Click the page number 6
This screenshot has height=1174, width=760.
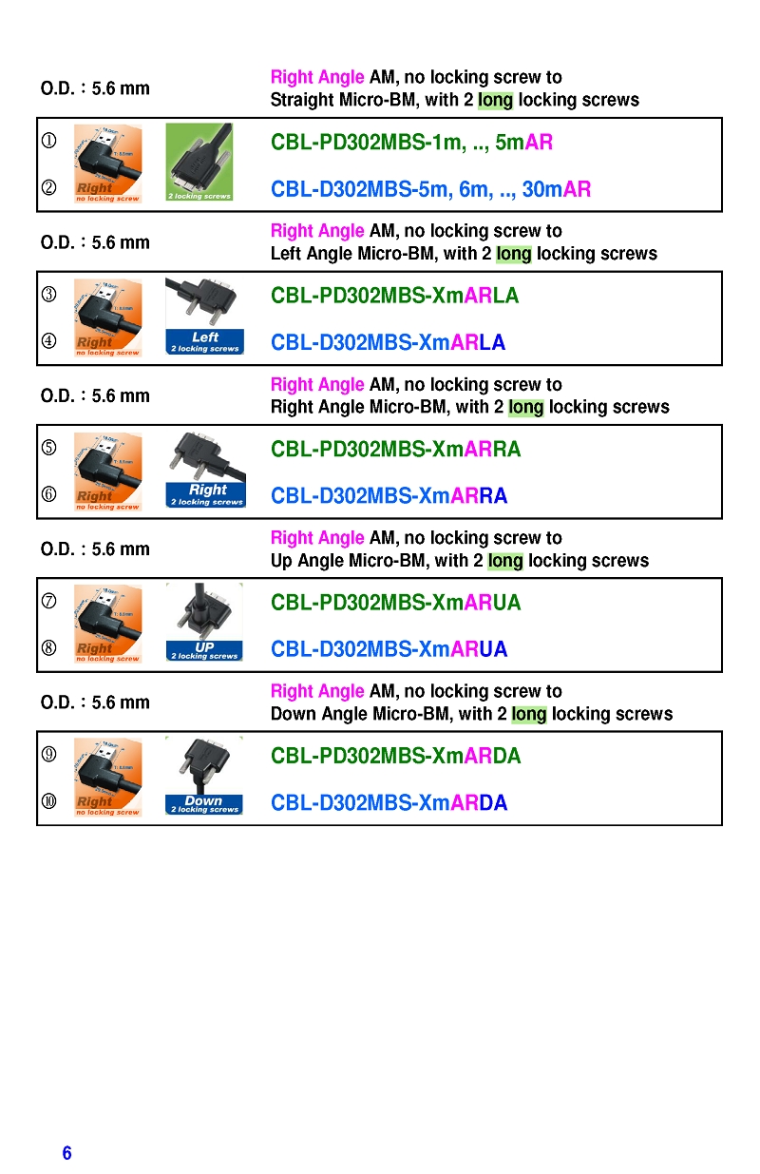click(x=66, y=1153)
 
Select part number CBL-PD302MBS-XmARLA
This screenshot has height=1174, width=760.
click(x=394, y=296)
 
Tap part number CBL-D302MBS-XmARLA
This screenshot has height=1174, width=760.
click(x=388, y=342)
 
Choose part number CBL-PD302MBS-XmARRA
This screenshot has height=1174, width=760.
click(x=395, y=449)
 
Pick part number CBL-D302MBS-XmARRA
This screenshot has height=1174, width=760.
click(x=389, y=495)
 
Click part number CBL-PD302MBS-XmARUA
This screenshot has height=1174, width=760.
click(x=395, y=603)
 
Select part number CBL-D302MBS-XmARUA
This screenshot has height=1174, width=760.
click(x=389, y=649)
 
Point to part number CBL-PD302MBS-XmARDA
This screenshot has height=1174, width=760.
click(x=395, y=756)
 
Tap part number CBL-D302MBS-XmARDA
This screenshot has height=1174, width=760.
click(x=389, y=802)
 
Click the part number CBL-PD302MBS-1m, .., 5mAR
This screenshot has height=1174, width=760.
click(x=411, y=143)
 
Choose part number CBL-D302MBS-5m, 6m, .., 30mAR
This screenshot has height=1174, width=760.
click(x=430, y=189)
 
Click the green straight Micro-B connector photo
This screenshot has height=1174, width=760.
click(x=199, y=162)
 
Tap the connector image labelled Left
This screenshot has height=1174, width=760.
click(x=204, y=316)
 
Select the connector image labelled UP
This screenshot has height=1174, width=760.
click(x=204, y=623)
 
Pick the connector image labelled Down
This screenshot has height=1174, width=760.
click(x=203, y=776)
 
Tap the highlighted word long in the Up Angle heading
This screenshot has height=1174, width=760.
click(x=505, y=561)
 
